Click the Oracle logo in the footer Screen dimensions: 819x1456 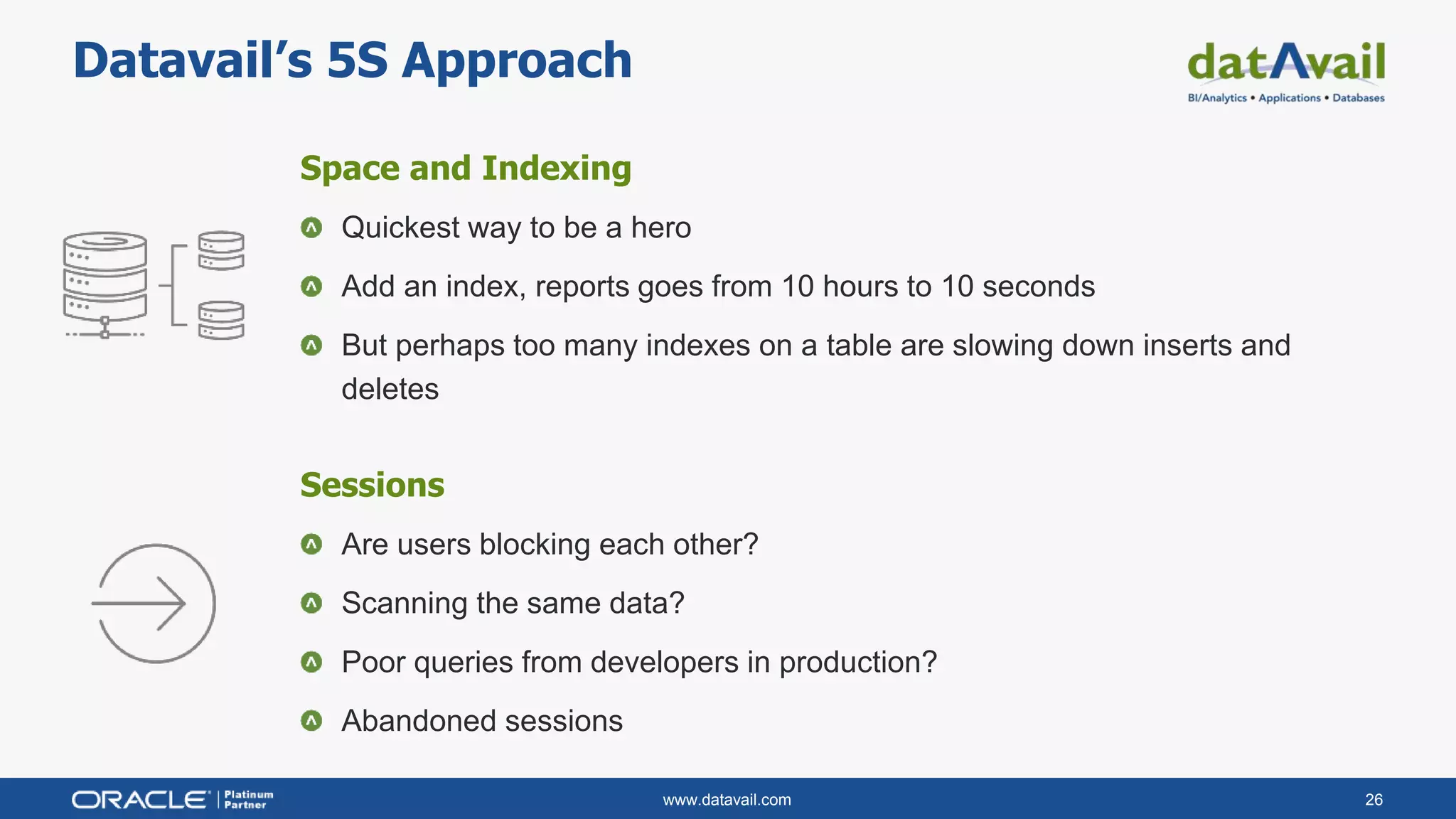pyautogui.click(x=141, y=800)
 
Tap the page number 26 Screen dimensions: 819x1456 pyautogui.click(x=1374, y=800)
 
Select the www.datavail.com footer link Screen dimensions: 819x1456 pyautogui.click(x=727, y=800)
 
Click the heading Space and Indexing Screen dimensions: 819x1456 pyautogui.click(x=465, y=168)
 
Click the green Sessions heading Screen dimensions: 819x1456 pyautogui.click(x=372, y=485)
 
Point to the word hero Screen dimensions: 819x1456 pyautogui.click(x=660, y=228)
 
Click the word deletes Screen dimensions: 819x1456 pyautogui.click(x=390, y=390)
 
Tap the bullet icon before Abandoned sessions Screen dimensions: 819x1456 pyautogui.click(x=311, y=721)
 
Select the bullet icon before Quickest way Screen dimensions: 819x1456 pyautogui.click(x=311, y=228)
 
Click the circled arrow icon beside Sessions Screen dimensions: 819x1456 pyautogui.click(x=154, y=604)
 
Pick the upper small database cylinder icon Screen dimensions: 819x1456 pyautogui.click(x=221, y=250)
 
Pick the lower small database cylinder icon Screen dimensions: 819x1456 pyautogui.click(x=221, y=321)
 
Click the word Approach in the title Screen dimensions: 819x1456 pyautogui.click(x=516, y=61)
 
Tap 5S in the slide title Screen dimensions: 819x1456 pyautogui.click(x=357, y=61)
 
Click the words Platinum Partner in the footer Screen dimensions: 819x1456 pyautogui.click(x=248, y=800)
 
